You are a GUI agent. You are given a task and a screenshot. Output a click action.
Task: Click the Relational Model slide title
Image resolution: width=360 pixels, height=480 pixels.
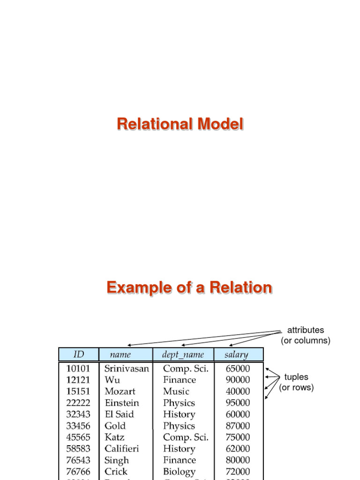180,124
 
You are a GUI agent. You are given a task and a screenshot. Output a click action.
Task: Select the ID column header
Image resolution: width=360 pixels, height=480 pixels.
78,354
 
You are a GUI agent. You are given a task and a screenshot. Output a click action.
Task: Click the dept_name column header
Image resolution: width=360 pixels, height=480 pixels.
183,354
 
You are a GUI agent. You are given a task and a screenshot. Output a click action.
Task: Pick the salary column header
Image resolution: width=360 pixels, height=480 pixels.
237,354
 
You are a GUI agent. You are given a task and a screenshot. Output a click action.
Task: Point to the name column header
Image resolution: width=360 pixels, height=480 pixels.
120,354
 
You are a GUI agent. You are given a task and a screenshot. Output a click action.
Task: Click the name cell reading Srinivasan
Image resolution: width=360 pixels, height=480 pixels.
127,368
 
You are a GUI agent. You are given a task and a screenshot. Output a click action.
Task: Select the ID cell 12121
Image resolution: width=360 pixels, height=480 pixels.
78,380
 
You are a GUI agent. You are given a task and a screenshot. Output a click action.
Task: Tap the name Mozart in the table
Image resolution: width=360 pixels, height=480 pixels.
120,391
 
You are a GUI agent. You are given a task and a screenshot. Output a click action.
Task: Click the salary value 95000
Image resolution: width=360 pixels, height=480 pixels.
238,403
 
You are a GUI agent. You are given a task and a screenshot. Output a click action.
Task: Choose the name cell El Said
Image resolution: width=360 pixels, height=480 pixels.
119,414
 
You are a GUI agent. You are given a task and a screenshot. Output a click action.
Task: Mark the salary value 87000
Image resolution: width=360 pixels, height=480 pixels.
238,426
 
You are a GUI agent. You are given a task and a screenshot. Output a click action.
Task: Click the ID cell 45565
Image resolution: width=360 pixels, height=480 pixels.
78,437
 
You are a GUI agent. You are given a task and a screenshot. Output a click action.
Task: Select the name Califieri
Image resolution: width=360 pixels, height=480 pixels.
122,449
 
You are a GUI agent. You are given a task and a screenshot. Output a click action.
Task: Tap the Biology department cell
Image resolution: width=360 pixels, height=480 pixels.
179,472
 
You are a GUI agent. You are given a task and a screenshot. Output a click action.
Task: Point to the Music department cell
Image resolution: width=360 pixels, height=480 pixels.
176,391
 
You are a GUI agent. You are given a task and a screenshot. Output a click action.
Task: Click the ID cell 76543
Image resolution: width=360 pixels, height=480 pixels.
78,460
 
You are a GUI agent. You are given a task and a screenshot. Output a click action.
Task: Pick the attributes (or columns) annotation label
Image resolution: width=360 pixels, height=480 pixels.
306,336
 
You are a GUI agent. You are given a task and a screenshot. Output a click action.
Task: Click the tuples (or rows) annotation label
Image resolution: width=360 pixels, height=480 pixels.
296,382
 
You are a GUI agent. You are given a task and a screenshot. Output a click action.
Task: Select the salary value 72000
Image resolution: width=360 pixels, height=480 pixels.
238,472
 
